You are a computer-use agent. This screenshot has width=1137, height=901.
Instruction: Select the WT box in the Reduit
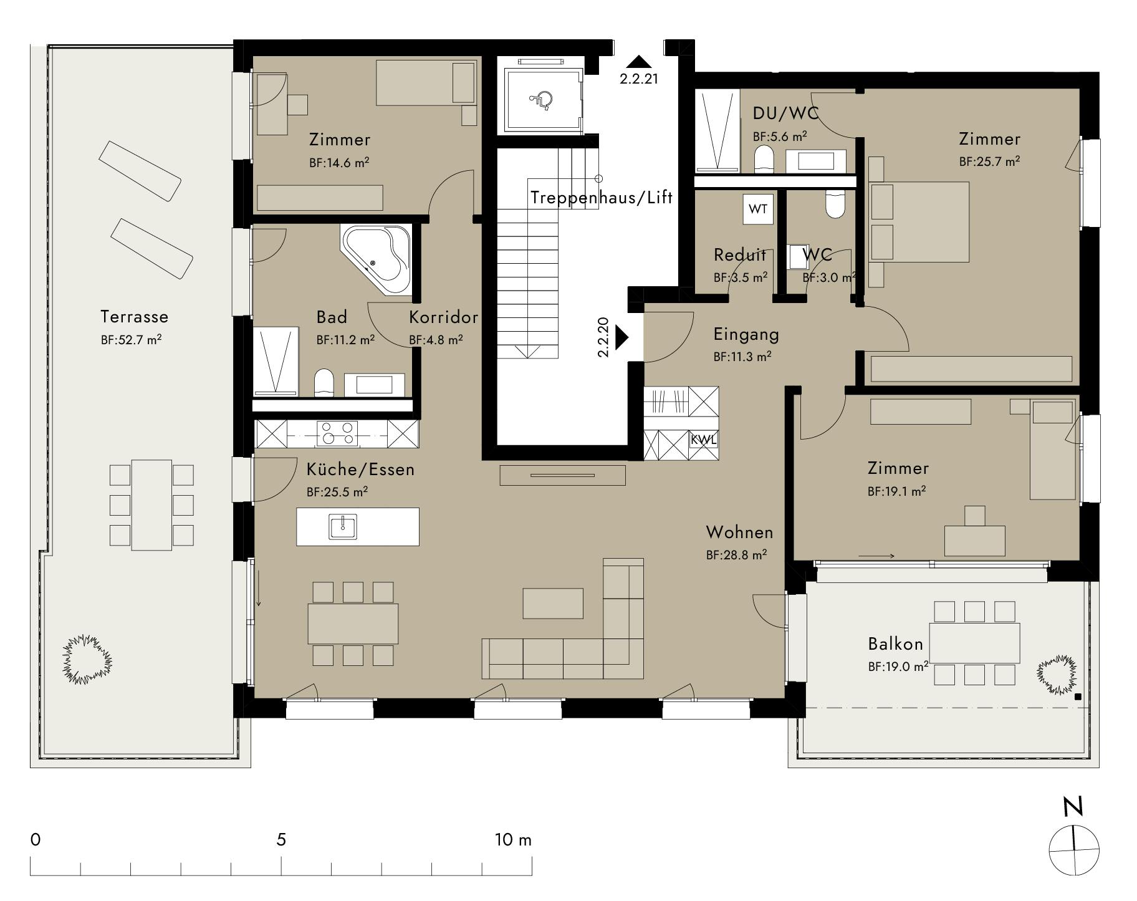pyautogui.click(x=758, y=209)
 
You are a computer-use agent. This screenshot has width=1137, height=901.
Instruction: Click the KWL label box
pyautogui.click(x=704, y=439)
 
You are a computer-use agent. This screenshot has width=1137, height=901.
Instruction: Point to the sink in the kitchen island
pyautogui.click(x=343, y=526)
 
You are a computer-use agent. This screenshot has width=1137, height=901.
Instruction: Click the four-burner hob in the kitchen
pyautogui.click(x=337, y=433)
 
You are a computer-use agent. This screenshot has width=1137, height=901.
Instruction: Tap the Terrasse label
pyautogui.click(x=135, y=317)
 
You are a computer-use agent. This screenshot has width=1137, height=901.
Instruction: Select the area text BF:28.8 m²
pyautogui.click(x=736, y=554)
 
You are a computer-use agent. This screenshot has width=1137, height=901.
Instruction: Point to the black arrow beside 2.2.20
pyautogui.click(x=621, y=337)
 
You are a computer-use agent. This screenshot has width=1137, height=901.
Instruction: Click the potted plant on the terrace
pyautogui.click(x=87, y=659)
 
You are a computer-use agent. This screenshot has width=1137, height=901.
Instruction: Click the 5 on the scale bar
pyautogui.click(x=281, y=839)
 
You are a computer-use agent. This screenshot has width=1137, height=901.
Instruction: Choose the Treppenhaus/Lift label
pyautogui.click(x=602, y=198)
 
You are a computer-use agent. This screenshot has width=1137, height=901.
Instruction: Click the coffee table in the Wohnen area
pyautogui.click(x=553, y=603)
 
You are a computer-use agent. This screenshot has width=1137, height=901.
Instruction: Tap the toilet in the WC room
pyautogui.click(x=835, y=205)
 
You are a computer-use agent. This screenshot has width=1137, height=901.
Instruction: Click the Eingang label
pyautogui.click(x=746, y=334)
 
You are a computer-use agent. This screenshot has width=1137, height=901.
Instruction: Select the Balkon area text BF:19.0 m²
pyautogui.click(x=898, y=667)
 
